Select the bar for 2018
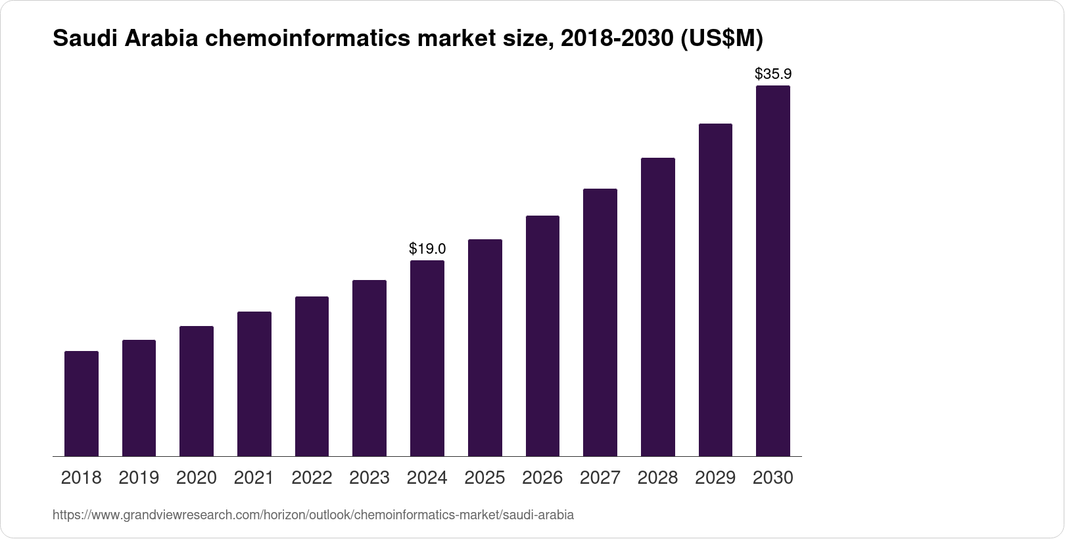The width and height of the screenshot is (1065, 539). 82,404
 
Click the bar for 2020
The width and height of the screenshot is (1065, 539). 197,391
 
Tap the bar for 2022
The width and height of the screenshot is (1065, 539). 312,376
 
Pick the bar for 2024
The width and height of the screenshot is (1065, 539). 427,358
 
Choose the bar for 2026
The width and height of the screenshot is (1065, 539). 542,336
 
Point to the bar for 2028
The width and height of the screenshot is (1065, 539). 657,307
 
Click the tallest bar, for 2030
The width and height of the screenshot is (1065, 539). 773,271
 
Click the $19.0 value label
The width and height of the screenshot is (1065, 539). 427,248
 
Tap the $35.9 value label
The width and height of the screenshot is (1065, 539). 773,74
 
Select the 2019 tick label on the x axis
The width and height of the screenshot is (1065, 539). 139,478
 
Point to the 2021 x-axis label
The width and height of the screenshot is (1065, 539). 254,478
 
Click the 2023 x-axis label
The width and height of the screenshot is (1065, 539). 369,478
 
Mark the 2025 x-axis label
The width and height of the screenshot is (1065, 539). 485,478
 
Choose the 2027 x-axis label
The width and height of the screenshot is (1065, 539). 600,478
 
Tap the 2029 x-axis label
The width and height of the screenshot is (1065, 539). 715,478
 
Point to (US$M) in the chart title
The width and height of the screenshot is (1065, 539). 721,39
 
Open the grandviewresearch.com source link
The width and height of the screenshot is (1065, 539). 313,515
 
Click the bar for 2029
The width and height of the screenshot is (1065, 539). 715,290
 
